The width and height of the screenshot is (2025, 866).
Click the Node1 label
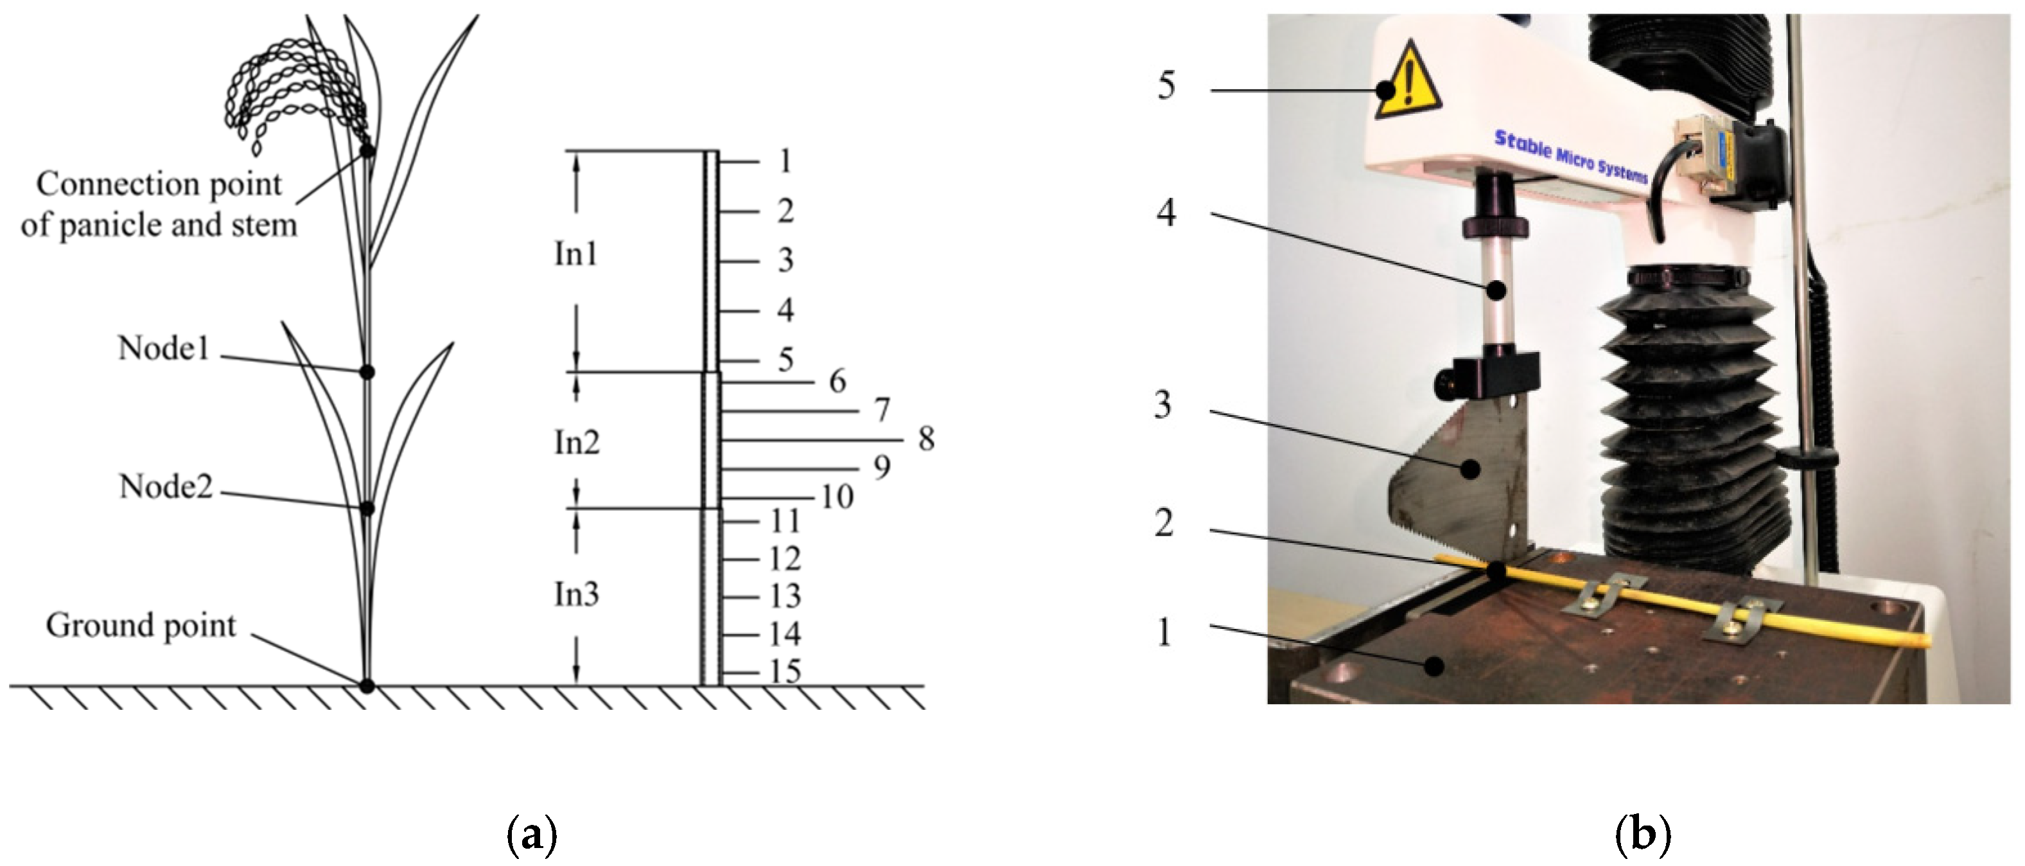pos(164,348)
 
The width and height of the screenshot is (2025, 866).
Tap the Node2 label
pos(166,487)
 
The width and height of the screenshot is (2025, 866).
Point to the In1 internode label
pos(576,254)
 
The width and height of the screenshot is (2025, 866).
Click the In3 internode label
pos(577,594)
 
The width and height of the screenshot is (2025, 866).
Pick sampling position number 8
pos(927,439)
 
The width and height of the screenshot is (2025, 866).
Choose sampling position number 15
pos(785,671)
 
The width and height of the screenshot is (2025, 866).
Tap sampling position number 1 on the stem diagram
pos(785,161)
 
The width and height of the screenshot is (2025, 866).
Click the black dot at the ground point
pos(367,686)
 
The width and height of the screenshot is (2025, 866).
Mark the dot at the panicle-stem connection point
pos(367,150)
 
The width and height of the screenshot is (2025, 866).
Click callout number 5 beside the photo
pos(1166,85)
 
